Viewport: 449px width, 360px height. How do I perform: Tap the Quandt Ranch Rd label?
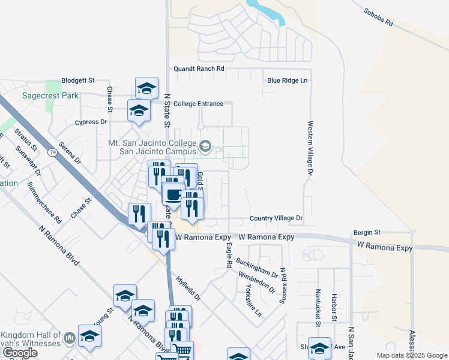(199, 69)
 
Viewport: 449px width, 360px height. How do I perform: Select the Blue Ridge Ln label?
(287, 80)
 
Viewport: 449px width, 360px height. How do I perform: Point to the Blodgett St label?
(79, 80)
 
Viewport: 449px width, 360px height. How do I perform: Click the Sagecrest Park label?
(42, 95)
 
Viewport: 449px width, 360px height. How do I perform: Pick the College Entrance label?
(198, 104)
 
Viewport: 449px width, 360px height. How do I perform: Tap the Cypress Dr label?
(91, 122)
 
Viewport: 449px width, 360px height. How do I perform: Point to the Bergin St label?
(367, 232)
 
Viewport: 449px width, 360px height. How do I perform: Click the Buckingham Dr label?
(257, 268)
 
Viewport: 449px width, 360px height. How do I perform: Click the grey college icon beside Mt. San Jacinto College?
(205, 146)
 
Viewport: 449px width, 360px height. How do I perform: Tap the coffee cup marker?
(173, 194)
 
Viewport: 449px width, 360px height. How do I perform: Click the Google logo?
(19, 353)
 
